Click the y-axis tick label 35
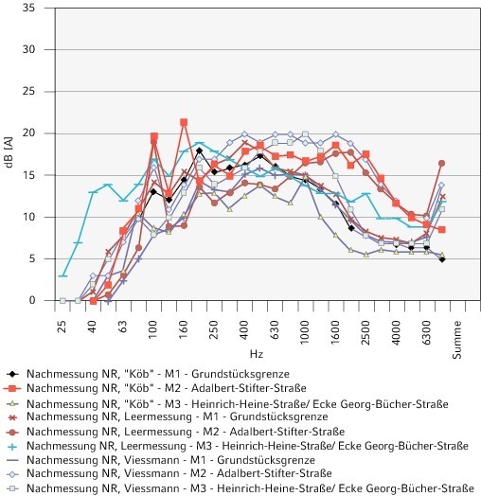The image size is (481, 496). click(x=28, y=8)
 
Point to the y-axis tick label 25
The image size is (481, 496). click(x=28, y=92)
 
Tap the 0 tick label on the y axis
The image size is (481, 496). click(x=32, y=300)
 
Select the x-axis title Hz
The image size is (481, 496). click(x=257, y=353)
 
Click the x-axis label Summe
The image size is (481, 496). click(x=456, y=340)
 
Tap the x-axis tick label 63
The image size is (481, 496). click(x=123, y=327)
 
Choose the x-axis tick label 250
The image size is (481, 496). click(x=214, y=330)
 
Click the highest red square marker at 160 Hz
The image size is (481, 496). click(x=184, y=122)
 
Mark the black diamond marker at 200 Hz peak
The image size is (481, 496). click(x=199, y=151)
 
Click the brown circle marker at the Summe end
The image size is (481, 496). click(x=442, y=163)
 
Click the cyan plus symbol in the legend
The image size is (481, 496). click(x=12, y=447)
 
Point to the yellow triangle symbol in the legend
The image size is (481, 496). click(x=12, y=403)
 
